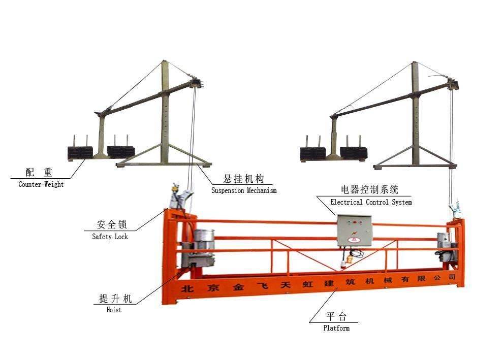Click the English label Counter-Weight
(41, 184)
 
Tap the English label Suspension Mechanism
(244, 190)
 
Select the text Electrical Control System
(371, 202)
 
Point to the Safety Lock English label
(110, 237)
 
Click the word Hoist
(114, 310)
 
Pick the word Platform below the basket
(336, 328)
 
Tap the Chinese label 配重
(39, 173)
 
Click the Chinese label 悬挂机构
(244, 179)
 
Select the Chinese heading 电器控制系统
(370, 189)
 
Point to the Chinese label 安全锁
(112, 224)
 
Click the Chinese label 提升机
(115, 299)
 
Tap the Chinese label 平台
(336, 317)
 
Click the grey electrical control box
(355, 231)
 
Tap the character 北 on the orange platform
(187, 288)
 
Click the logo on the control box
(354, 239)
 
